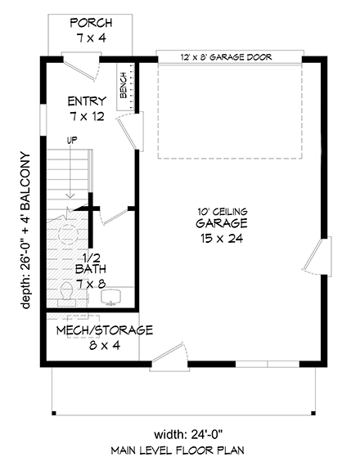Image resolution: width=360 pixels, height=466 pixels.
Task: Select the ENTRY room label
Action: pos(86,101)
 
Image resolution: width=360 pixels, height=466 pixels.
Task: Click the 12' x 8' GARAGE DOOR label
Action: pos(226,57)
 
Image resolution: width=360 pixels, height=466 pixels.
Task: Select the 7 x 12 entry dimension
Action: pos(86,117)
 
